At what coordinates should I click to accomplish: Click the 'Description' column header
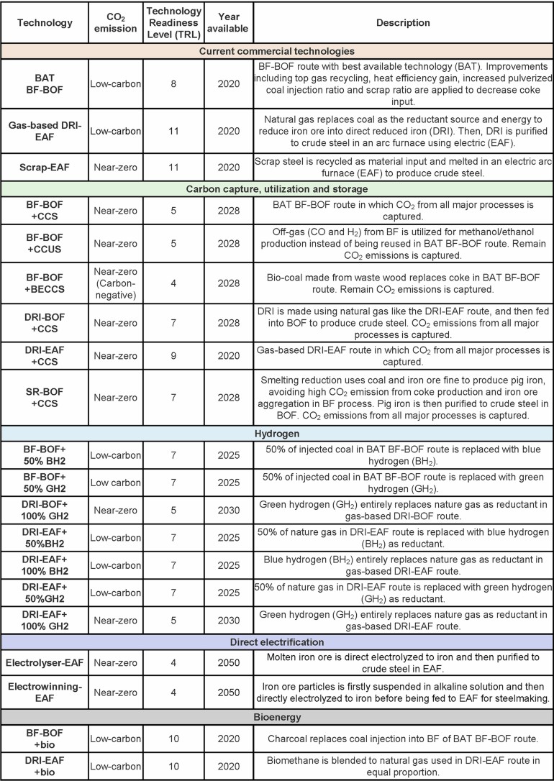pos(402,22)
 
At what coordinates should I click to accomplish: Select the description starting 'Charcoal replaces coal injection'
pos(402,738)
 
